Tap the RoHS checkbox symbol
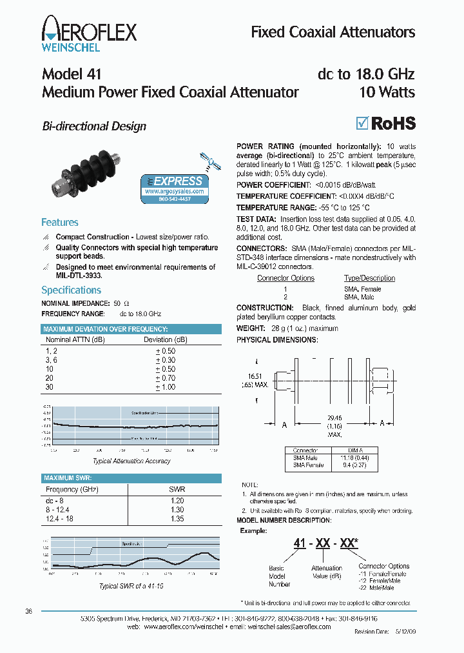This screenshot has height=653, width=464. pyautogui.click(x=363, y=123)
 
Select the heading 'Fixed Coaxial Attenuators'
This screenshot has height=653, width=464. pyautogui.click(x=333, y=32)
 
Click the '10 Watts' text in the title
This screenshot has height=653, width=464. pyautogui.click(x=387, y=92)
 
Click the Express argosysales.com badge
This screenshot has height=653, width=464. pyautogui.click(x=174, y=188)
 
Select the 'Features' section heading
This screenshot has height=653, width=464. pyautogui.click(x=60, y=222)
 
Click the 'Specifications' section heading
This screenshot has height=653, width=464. pyautogui.click(x=72, y=290)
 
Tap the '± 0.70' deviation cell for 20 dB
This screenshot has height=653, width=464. pyautogui.click(x=166, y=377)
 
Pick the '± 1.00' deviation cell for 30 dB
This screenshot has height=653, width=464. pyautogui.click(x=166, y=387)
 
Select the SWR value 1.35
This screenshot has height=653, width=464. pyautogui.click(x=177, y=518)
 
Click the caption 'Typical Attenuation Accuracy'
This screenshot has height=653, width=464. pyautogui.click(x=131, y=461)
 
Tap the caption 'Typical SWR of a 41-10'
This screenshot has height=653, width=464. pyautogui.click(x=131, y=586)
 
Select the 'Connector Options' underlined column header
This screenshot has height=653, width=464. pyautogui.click(x=285, y=278)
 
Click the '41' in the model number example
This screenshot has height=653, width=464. pyautogui.click(x=300, y=543)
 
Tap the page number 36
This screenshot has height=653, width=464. pyautogui.click(x=28, y=611)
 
